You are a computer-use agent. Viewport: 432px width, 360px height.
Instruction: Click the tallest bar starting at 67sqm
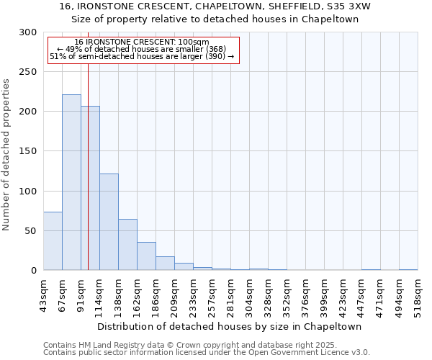[x=71, y=182]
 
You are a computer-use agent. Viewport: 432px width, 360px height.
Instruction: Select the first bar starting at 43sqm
[x=53, y=241]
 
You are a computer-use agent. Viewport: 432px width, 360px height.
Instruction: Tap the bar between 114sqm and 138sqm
[x=109, y=222]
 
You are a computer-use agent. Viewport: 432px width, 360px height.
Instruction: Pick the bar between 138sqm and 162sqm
[x=127, y=245]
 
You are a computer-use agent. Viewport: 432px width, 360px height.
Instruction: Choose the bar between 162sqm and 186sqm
[x=146, y=256]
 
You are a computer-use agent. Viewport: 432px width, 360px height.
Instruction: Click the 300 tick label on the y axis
[x=28, y=32]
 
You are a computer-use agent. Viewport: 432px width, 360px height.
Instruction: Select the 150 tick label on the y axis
[x=28, y=151]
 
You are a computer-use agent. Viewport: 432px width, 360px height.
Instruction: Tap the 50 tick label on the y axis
[x=31, y=231]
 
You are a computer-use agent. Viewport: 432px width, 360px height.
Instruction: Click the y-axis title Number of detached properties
[x=6, y=155]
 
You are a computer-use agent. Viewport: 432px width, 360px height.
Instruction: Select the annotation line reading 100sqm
[x=141, y=42]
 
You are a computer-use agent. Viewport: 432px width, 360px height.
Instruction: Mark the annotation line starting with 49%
[x=141, y=49]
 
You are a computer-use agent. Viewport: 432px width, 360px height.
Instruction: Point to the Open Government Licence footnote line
[x=206, y=352]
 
